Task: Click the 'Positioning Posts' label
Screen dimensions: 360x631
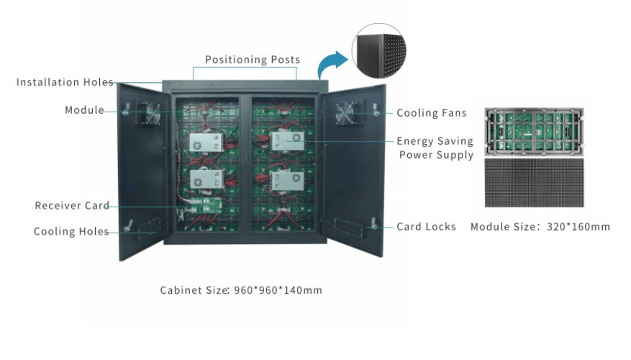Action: click(x=253, y=60)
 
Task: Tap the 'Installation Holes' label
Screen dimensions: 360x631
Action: click(x=65, y=82)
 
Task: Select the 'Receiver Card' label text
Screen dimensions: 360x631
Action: click(x=72, y=206)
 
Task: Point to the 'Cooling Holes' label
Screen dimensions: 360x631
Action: click(x=71, y=232)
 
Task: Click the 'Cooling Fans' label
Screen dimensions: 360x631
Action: click(x=431, y=113)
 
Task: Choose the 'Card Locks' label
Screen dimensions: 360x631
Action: click(x=426, y=227)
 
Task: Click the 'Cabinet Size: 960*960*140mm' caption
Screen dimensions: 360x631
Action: click(x=241, y=291)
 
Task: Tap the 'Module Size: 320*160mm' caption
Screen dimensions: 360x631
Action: click(x=540, y=227)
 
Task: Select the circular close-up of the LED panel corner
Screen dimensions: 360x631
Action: click(x=378, y=50)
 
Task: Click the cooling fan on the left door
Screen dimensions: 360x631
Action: click(x=153, y=113)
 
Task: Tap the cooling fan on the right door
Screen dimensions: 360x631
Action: click(x=345, y=113)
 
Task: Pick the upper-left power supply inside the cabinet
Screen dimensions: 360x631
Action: click(x=206, y=142)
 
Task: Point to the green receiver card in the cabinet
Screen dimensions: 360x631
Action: click(x=203, y=208)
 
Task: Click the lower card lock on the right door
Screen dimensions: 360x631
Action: click(x=373, y=225)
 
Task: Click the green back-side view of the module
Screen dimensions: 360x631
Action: click(x=533, y=130)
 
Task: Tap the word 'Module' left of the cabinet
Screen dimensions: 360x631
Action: click(x=84, y=110)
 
